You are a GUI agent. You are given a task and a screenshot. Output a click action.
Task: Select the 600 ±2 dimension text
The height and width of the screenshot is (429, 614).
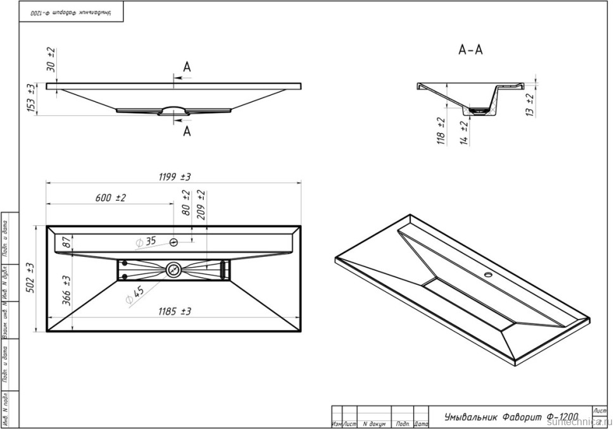pos(111,198)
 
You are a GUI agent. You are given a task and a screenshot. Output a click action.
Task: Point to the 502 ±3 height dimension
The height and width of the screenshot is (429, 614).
pos(30,277)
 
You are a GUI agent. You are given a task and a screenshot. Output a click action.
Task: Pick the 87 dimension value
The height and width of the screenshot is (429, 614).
pos(65,242)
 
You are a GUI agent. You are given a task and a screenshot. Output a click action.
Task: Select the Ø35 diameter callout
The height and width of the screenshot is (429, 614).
pos(145,241)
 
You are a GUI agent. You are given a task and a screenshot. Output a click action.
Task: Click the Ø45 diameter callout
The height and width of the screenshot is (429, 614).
pos(134,295)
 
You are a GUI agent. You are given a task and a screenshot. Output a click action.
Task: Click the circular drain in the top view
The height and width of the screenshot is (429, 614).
pos(173,270)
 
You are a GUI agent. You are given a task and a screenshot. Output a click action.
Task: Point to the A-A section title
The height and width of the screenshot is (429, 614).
pos(470,49)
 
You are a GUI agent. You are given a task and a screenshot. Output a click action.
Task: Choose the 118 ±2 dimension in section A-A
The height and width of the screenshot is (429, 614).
pos(441,131)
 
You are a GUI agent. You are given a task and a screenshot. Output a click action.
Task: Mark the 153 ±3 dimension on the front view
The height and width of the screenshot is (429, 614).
pos(30,99)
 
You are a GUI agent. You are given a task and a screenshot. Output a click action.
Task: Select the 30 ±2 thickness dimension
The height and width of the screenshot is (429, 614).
pos(51,59)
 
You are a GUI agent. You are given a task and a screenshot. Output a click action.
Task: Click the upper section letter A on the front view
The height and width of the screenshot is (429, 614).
pos(187,67)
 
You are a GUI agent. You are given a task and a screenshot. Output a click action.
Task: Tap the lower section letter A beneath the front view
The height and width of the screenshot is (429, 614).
pos(187,132)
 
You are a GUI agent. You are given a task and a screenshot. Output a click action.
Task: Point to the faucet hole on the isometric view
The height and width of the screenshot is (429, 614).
pos(488,275)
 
